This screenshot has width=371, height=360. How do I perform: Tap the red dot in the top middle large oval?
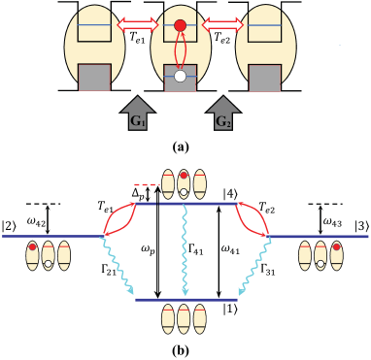180,25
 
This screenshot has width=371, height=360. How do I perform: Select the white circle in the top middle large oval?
180,75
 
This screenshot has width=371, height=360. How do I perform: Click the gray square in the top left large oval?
94,77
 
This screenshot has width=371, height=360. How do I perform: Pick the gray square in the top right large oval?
264,78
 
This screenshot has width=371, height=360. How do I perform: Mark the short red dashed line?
146,184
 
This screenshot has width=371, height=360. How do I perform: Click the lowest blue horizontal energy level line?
185,300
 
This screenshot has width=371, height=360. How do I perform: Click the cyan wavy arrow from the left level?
118,267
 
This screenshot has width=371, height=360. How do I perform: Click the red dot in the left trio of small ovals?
32,246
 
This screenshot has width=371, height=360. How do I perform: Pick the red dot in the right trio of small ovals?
336,246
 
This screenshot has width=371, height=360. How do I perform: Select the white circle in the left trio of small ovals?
48,264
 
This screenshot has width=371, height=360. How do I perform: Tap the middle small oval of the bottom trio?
184,318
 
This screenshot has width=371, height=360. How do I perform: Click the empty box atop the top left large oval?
94,26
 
